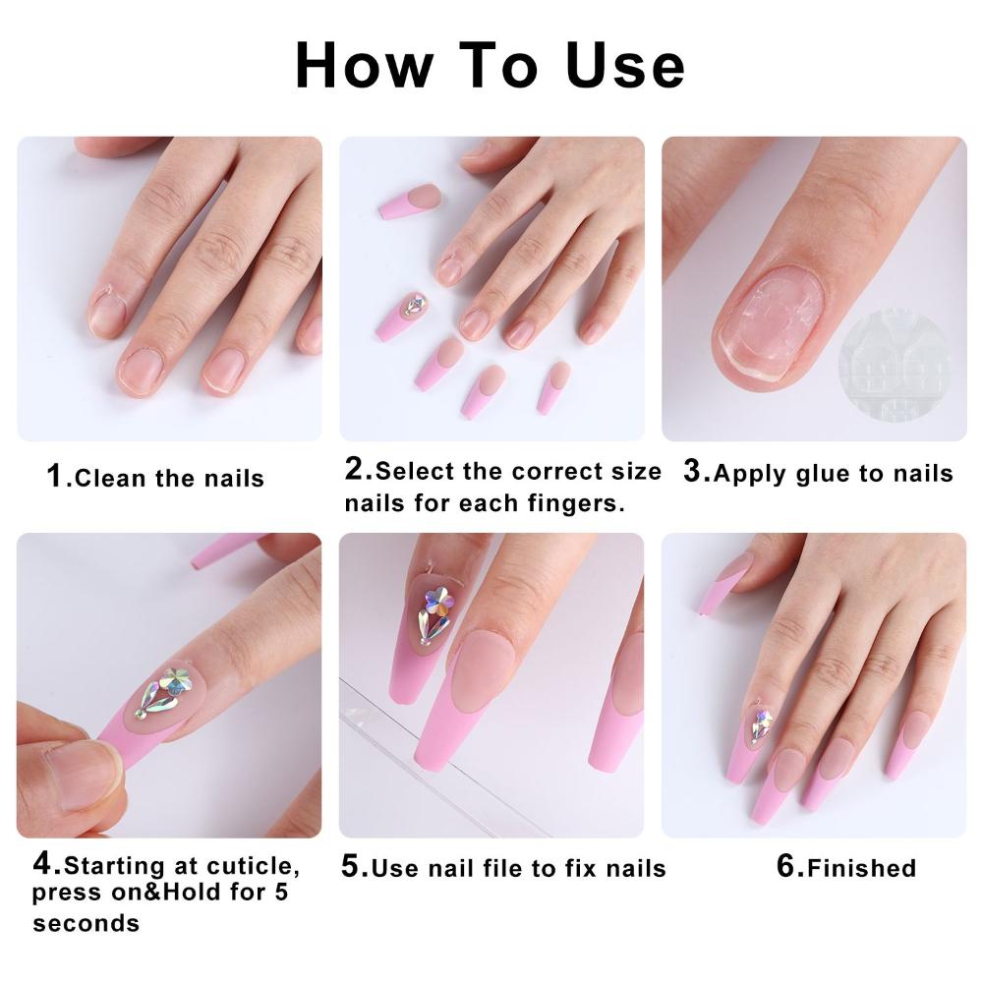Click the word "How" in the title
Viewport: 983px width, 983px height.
(364, 66)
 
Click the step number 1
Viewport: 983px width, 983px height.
(57, 477)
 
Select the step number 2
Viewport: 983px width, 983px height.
(355, 470)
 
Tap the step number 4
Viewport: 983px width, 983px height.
(45, 865)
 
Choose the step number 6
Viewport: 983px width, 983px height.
(787, 866)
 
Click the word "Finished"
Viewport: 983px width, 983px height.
(862, 868)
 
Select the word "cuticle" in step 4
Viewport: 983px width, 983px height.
(250, 867)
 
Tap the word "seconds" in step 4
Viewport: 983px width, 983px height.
(86, 923)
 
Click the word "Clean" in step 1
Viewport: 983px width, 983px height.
(110, 479)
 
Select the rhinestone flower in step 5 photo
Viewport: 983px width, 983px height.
(434, 609)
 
